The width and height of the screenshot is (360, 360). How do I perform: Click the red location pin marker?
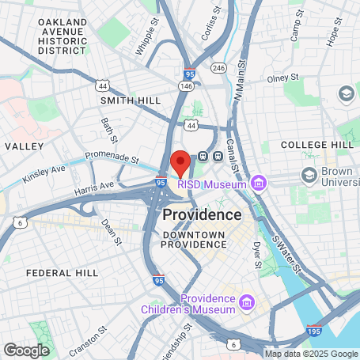(180, 162)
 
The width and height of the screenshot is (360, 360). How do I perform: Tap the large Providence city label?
(202, 214)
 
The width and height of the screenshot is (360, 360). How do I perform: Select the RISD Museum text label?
(212, 184)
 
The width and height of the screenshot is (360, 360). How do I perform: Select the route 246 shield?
(218, 68)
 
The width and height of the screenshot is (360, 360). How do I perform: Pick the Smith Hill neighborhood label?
(130, 100)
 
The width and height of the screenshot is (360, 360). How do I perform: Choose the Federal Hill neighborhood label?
(62, 272)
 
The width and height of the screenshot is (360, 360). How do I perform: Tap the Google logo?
(26, 349)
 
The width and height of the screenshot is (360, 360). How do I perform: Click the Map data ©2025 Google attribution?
(310, 354)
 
